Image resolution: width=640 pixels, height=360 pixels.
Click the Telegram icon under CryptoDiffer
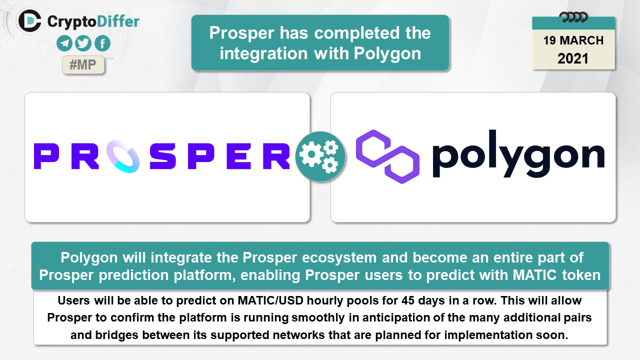[x=64, y=43]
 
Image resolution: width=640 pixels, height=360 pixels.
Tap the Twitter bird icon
[x=83, y=43]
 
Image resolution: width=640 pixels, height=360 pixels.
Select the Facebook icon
[x=102, y=43]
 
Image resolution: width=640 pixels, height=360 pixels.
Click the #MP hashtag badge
[x=83, y=65]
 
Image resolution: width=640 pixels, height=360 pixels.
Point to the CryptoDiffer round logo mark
[x=29, y=21]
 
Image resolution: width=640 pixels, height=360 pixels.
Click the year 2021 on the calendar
[x=573, y=58]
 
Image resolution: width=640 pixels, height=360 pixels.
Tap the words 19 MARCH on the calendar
[x=573, y=40]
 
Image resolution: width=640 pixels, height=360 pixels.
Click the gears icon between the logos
[x=320, y=156]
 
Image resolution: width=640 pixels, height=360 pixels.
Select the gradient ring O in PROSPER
[x=123, y=156]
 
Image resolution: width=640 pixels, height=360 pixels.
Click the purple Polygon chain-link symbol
[x=387, y=156]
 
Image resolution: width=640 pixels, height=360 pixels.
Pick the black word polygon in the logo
[x=518, y=154]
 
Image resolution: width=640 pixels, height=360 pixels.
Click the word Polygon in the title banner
[x=387, y=53]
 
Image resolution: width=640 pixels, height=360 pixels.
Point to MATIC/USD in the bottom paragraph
[x=270, y=300]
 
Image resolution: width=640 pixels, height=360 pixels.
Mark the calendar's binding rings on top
[x=573, y=17]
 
